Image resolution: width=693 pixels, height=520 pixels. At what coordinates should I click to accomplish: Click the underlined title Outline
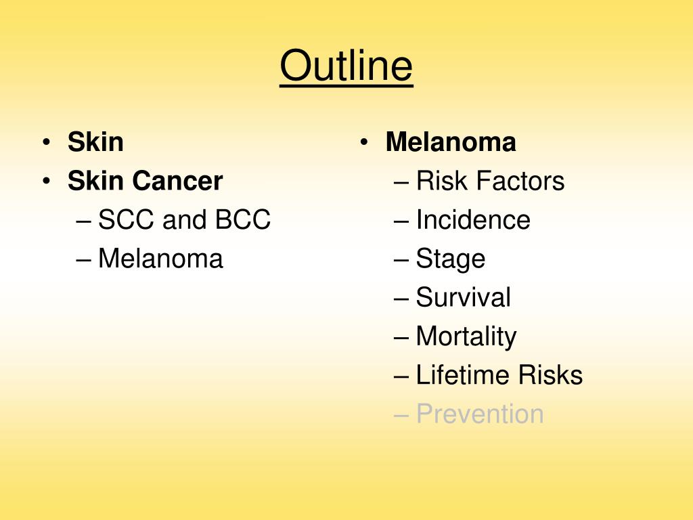point(346,66)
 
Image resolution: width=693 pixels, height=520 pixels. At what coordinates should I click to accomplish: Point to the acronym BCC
point(243,220)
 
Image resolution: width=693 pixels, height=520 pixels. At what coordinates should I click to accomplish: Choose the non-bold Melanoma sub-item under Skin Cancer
point(160,259)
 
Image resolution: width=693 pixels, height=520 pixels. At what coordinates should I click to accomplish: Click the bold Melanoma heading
point(451,143)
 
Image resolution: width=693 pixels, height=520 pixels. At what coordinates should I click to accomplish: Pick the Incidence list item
point(473,220)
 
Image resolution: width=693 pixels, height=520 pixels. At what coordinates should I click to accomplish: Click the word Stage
point(451,259)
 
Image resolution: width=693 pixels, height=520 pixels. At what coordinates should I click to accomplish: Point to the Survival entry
point(464,297)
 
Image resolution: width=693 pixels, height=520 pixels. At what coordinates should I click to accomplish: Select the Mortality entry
point(466,337)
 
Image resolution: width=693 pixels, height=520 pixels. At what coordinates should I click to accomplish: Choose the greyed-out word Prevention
point(480,414)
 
